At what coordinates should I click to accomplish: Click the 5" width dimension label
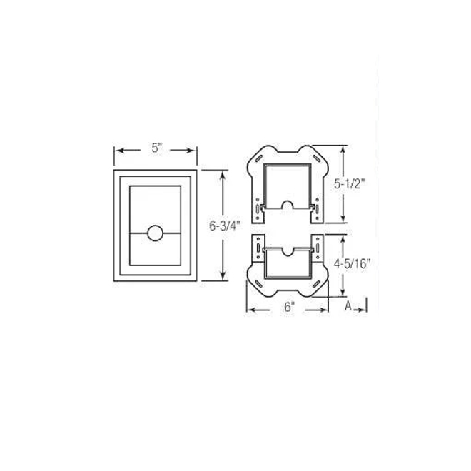tap(156, 149)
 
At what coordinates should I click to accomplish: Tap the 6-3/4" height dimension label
tap(223, 226)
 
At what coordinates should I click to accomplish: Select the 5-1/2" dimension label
tap(350, 183)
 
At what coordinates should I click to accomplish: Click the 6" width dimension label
tap(290, 307)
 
